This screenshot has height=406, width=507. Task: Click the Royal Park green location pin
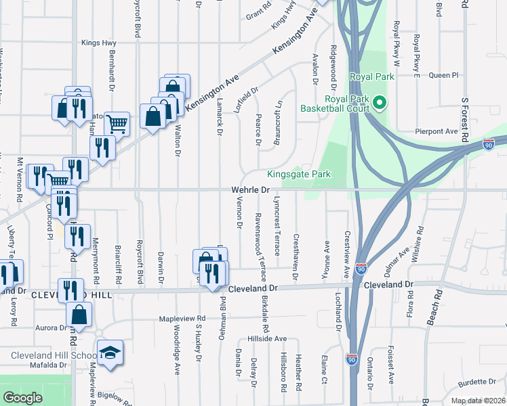380,103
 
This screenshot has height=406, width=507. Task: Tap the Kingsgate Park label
299,174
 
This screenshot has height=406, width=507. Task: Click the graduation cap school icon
110,353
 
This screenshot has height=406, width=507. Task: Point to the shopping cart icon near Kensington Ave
117,124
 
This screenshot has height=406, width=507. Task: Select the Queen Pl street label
444,75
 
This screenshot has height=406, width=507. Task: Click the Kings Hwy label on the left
99,43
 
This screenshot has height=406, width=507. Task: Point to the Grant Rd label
258,14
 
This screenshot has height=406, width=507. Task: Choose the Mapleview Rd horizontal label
182,318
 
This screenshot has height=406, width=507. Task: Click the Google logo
22,398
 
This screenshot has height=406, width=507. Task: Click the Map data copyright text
477,401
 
